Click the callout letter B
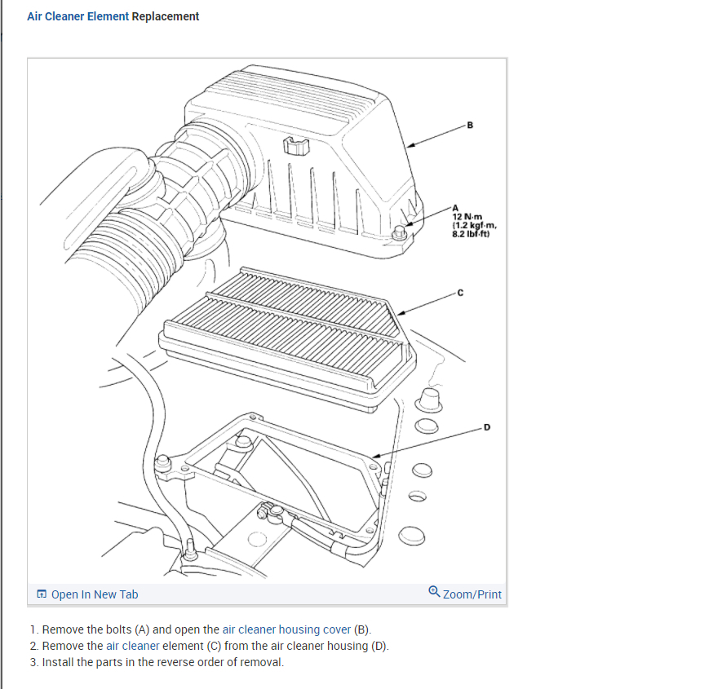click(x=469, y=125)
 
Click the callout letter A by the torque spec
click(x=455, y=207)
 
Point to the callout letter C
click(x=460, y=293)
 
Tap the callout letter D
click(x=487, y=427)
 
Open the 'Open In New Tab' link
click(x=94, y=594)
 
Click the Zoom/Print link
click(x=472, y=594)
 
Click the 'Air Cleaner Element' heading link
click(x=77, y=16)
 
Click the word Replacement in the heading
click(x=166, y=16)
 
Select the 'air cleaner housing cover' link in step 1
click(x=286, y=629)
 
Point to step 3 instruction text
click(x=162, y=661)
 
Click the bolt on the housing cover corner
click(x=400, y=233)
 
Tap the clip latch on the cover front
click(x=297, y=147)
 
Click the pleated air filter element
click(x=286, y=326)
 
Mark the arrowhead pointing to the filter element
click(x=401, y=311)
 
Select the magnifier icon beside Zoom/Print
click(x=434, y=594)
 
